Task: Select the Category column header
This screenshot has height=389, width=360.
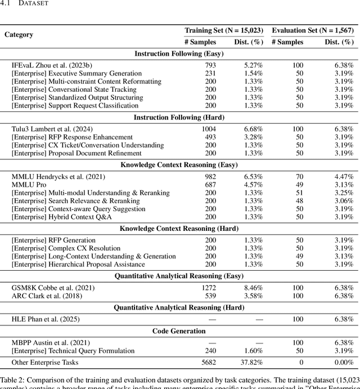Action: click(x=19, y=34)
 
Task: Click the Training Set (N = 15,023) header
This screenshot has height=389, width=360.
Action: click(x=223, y=30)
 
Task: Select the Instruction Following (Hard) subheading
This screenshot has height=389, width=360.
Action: click(x=179, y=117)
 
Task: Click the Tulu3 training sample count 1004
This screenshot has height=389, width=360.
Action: click(x=209, y=129)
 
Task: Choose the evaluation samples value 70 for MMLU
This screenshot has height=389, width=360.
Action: click(x=299, y=177)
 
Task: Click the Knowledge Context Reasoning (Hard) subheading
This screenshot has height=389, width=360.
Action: click(x=179, y=229)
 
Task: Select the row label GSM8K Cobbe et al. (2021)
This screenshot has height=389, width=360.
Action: click(x=53, y=288)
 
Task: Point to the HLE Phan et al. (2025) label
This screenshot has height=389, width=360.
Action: click(x=46, y=319)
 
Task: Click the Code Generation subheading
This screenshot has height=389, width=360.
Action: click(x=179, y=331)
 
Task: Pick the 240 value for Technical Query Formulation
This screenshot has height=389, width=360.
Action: click(x=210, y=351)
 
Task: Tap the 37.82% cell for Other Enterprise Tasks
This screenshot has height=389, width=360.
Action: click(x=251, y=363)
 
